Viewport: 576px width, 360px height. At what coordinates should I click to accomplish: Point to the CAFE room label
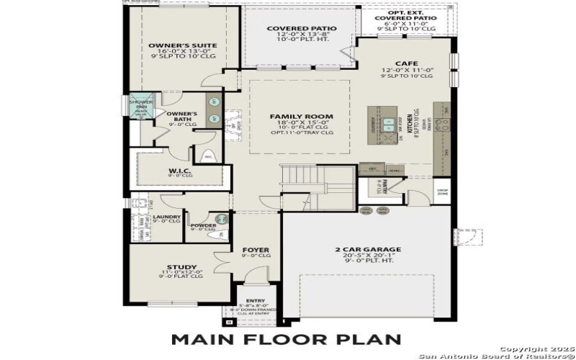(408, 62)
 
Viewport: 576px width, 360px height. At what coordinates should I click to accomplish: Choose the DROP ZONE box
(443, 192)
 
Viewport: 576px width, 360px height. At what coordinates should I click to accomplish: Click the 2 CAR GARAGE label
(367, 251)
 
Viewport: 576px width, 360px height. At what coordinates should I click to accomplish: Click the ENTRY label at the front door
(255, 301)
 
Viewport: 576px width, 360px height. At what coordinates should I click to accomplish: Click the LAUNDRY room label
(167, 216)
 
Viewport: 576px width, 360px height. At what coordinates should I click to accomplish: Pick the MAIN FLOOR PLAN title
(287, 338)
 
